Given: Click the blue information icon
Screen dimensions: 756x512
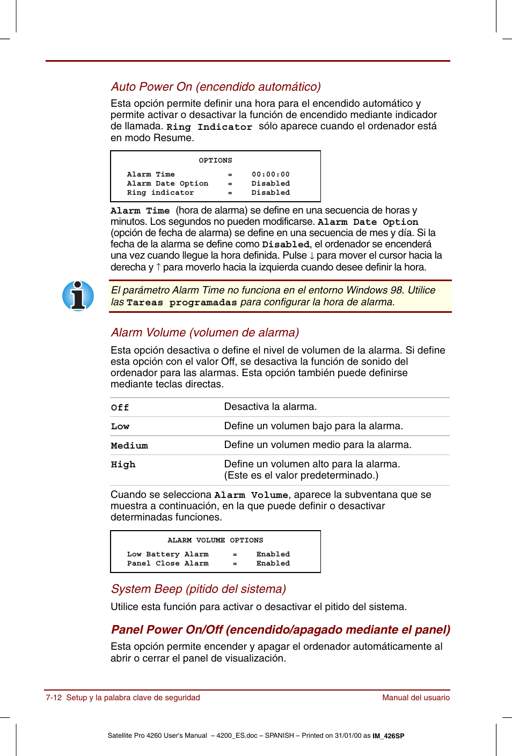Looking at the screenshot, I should pos(78,296).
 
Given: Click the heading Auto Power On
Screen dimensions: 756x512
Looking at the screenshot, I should pos(216,87).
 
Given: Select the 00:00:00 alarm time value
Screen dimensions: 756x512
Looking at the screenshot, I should pos(270,174).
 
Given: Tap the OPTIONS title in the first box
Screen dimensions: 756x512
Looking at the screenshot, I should pos(215,160).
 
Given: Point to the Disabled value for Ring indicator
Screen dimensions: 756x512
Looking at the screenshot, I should pos(270,193).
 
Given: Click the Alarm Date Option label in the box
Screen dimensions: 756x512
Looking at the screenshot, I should pos(167,184).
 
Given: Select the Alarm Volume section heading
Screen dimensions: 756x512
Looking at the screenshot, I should pos(204,333).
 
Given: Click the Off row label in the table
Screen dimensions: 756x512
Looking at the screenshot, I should pos(120,408).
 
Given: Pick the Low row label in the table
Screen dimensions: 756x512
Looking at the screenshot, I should pos(120,427).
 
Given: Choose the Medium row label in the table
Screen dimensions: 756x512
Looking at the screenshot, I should pos(129,446).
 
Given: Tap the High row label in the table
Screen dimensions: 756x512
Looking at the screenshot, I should pos(123,465).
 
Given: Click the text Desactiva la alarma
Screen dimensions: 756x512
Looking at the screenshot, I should pos(270,407).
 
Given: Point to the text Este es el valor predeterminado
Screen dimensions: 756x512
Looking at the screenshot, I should pos(301,475).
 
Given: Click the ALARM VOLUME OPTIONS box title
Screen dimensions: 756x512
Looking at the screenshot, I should pos(215,540).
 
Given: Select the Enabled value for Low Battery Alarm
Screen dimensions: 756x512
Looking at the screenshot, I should pos(273,554).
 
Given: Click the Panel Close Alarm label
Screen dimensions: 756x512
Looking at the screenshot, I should pos(167,563).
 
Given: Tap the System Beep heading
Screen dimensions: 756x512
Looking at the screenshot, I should pos(198,589).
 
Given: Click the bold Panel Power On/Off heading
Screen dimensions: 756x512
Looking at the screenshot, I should pos(280,630).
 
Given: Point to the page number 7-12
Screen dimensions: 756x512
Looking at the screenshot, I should pos(54,698).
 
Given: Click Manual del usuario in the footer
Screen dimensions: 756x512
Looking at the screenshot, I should pos(415,698).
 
